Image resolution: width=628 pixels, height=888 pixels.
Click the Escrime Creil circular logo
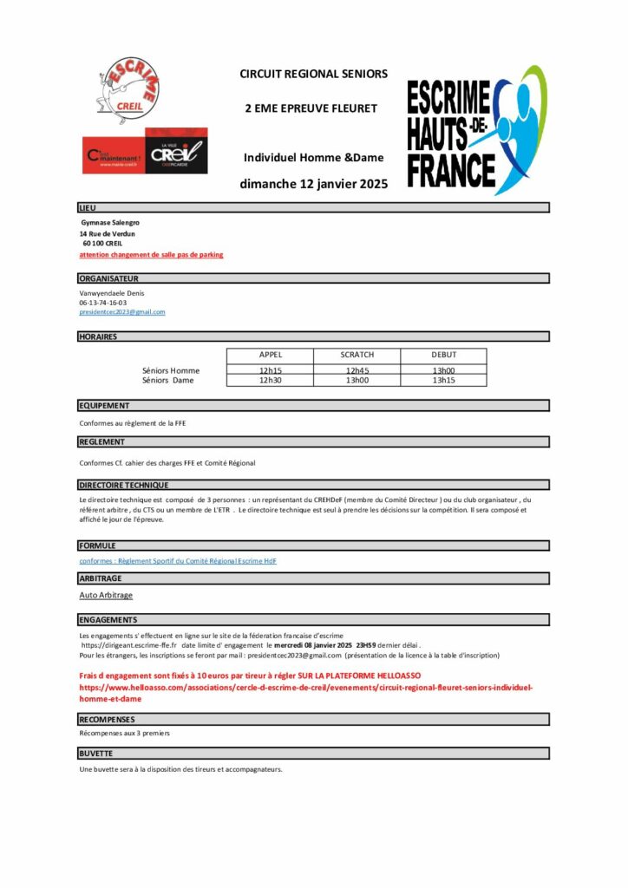(126, 89)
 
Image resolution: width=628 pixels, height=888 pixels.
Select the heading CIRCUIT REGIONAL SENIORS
(314, 75)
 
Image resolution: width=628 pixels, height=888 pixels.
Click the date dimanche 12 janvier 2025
(314, 184)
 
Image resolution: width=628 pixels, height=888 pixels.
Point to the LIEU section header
(88, 208)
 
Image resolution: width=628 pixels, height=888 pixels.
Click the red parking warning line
(151, 255)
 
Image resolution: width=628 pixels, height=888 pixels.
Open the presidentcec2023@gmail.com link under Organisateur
(122, 311)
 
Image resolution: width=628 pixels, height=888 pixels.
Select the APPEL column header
(271, 355)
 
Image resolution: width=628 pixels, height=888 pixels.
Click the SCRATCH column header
(357, 355)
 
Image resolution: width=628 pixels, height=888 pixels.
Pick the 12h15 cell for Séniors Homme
(271, 370)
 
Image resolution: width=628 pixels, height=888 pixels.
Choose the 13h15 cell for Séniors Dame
(443, 380)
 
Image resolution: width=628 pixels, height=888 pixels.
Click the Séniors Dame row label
(168, 380)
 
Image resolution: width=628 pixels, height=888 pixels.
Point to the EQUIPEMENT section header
(104, 405)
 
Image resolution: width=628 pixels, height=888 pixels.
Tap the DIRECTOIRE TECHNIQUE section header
(124, 485)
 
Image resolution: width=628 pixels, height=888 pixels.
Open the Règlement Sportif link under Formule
(178, 561)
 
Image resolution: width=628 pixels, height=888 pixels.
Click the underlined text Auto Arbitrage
(106, 595)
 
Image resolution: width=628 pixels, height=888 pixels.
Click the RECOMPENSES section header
(107, 719)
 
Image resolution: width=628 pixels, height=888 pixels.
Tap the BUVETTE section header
(96, 754)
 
